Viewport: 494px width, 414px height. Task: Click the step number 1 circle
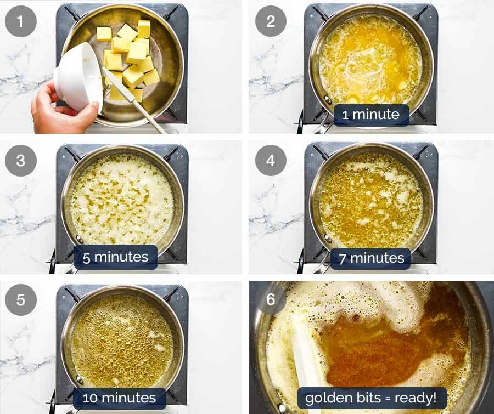21,21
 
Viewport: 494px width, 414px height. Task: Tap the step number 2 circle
271,21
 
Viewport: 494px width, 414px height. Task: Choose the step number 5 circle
21,300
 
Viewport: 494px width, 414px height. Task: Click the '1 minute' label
372,115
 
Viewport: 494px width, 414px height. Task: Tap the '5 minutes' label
115,257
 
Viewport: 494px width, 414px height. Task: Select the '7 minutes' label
370,257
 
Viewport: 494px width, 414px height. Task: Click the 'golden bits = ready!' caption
371,398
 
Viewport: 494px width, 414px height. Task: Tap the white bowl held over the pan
77,74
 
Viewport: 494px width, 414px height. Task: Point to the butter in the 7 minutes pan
370,200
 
